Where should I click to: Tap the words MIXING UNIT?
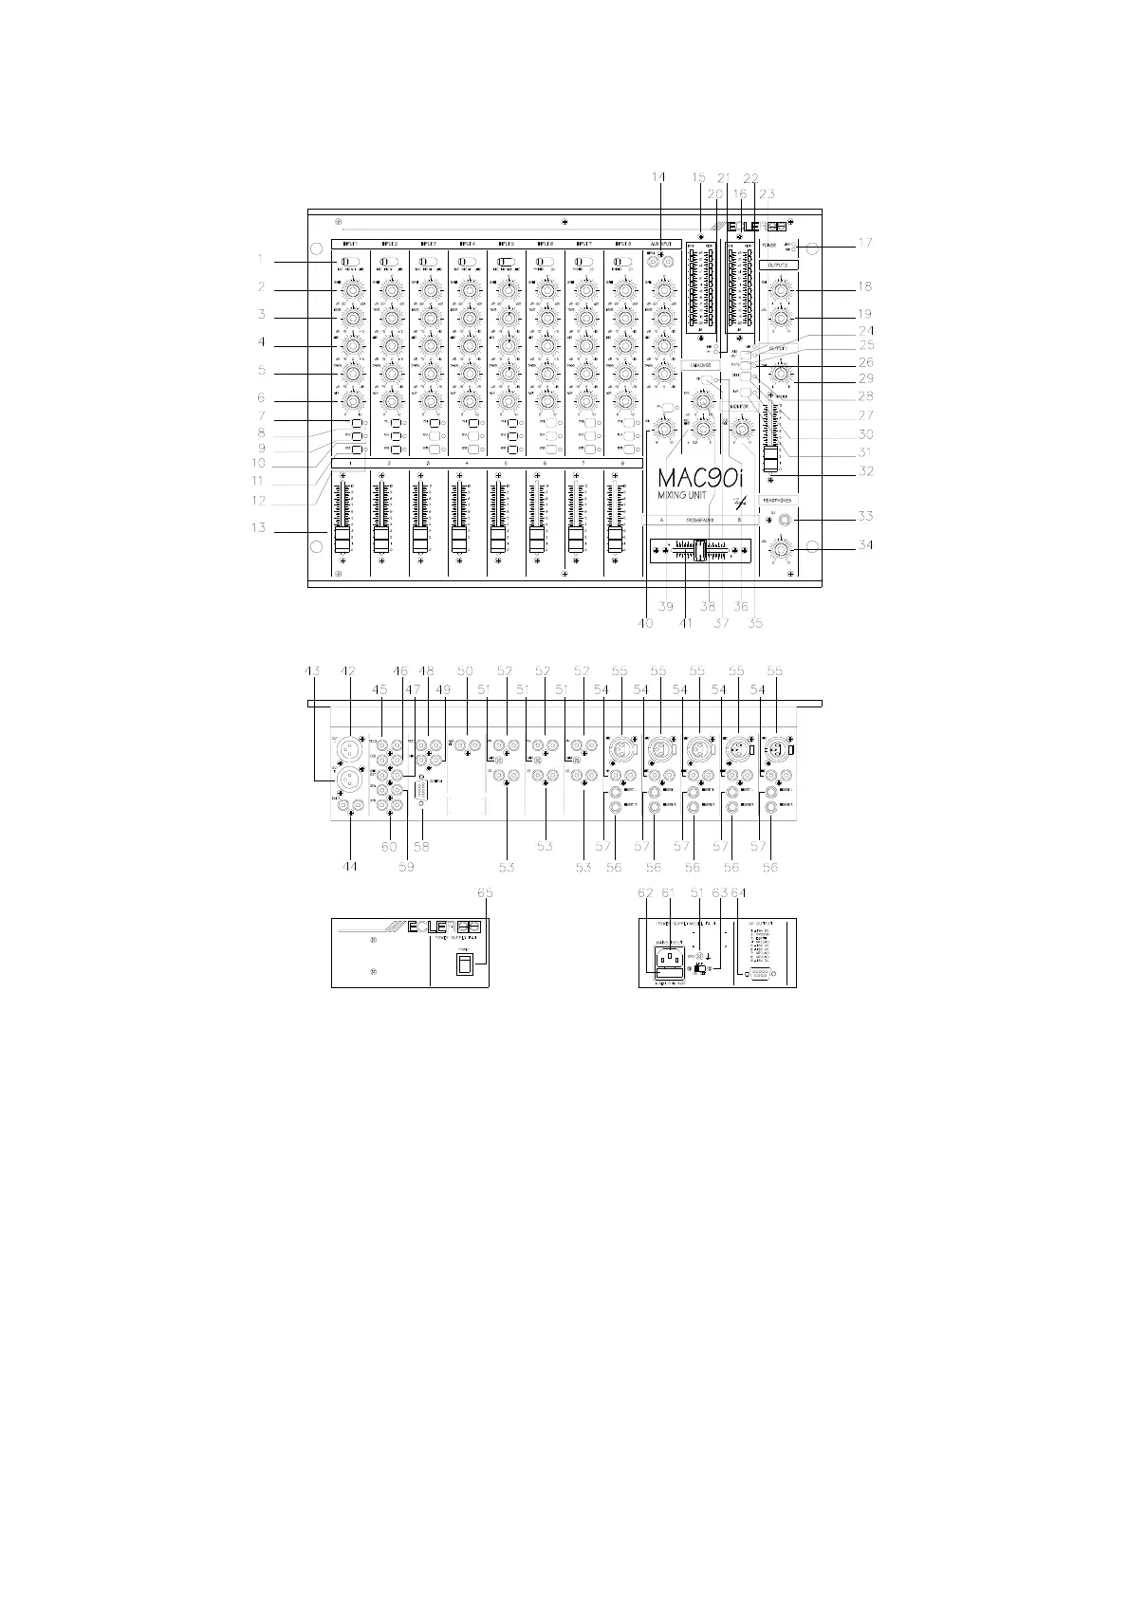click(x=689, y=496)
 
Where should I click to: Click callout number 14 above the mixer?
click(x=659, y=177)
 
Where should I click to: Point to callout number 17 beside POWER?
click(x=864, y=243)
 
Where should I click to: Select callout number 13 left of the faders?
click(x=259, y=528)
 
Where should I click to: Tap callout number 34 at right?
click(x=864, y=545)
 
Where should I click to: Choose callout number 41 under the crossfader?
click(x=685, y=623)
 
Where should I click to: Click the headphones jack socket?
click(x=785, y=519)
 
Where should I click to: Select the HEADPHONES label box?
click(x=777, y=499)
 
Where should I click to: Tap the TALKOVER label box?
click(x=700, y=364)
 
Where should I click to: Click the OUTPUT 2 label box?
click(x=777, y=266)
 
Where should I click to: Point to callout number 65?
click(x=486, y=892)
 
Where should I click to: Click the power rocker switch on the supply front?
click(x=463, y=964)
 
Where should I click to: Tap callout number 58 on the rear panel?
click(x=421, y=847)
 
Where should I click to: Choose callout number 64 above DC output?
click(x=740, y=892)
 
